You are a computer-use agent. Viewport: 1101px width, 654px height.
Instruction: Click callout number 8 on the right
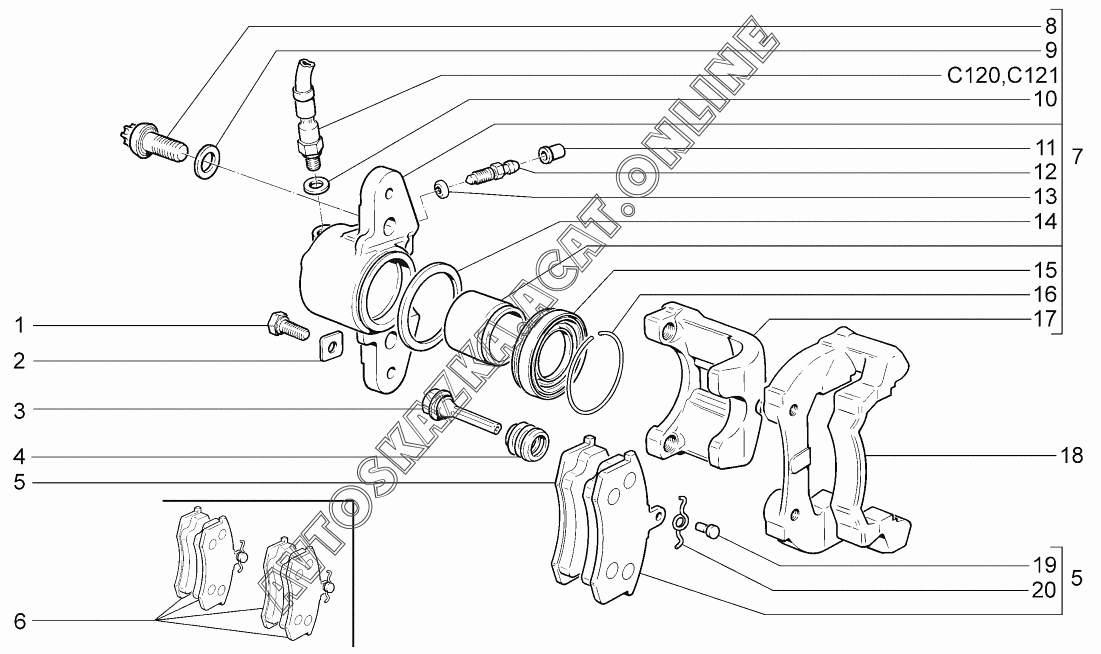tap(1050, 25)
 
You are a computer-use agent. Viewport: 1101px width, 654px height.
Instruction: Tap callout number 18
tap(1072, 456)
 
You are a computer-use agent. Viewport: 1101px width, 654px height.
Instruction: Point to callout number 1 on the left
tap(19, 326)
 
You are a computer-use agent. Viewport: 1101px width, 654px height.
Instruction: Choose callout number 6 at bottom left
tap(19, 621)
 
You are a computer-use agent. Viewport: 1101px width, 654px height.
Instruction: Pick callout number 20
tap(1044, 590)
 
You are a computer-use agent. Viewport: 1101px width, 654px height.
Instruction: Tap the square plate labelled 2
tap(327, 347)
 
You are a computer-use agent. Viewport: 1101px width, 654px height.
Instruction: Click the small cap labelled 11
tap(550, 153)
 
